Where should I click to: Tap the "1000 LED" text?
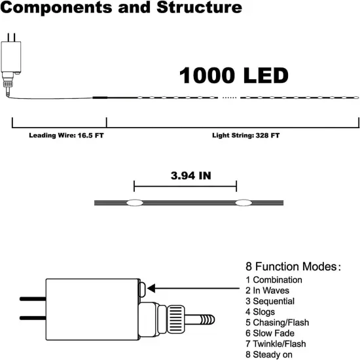click(234, 75)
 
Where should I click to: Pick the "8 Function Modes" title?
click(293, 267)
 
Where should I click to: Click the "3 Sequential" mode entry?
click(270, 301)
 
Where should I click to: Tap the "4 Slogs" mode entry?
click(261, 312)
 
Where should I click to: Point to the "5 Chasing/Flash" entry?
click(277, 323)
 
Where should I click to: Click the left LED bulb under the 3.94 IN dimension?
click(134, 203)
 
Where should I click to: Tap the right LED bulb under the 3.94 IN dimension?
click(244, 203)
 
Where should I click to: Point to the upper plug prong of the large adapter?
click(31, 299)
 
